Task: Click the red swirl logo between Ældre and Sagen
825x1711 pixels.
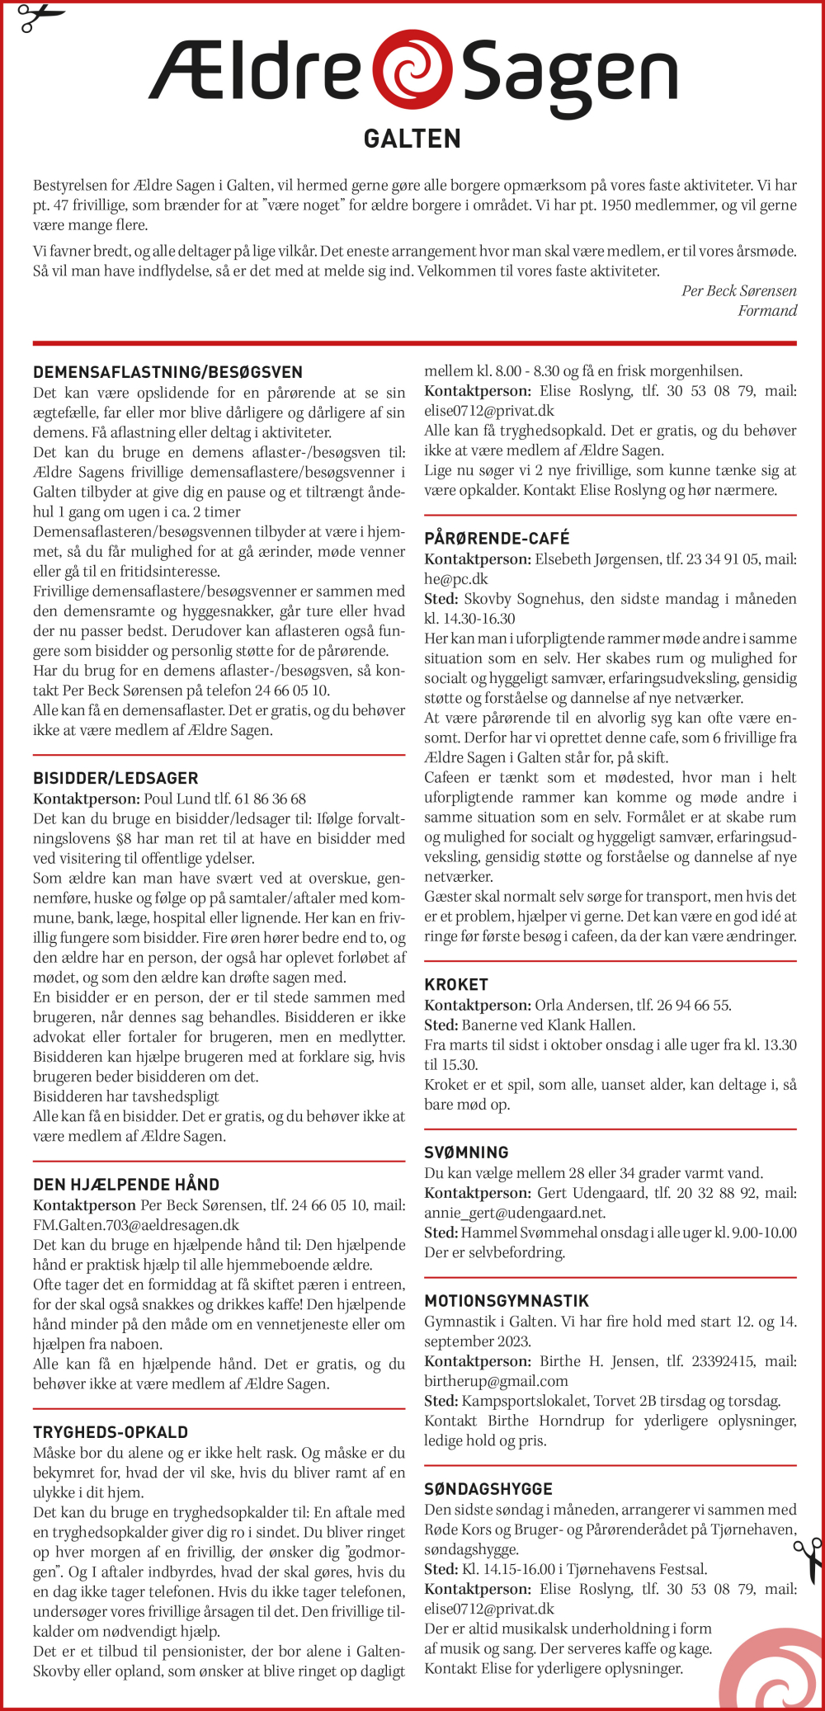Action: click(412, 69)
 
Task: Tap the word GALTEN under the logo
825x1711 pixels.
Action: click(412, 139)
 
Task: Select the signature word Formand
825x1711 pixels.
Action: click(767, 311)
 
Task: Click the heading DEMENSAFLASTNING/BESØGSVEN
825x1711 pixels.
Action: click(167, 372)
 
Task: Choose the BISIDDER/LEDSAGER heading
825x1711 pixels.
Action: click(115, 778)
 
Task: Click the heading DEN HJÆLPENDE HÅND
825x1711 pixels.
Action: click(126, 1184)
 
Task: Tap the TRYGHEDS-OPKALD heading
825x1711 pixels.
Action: click(111, 1432)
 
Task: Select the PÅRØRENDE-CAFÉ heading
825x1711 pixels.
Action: click(497, 539)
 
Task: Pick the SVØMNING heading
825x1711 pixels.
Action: click(466, 1152)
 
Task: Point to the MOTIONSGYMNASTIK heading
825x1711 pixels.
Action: click(507, 1301)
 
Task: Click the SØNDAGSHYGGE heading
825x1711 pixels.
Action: click(488, 1489)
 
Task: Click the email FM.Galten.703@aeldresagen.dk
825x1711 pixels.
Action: click(136, 1225)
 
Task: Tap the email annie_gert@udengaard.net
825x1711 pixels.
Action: click(514, 1213)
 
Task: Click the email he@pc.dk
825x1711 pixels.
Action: click(455, 579)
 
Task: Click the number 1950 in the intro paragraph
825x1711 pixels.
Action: click(616, 205)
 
